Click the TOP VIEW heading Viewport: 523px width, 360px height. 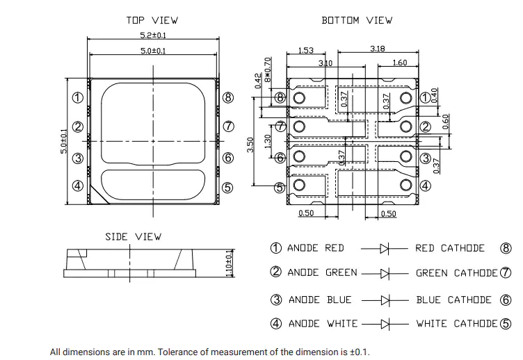tap(152, 20)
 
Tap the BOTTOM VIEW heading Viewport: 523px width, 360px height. tap(357, 20)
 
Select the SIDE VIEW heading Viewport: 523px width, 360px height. tap(134, 237)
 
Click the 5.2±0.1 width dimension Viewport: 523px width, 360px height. tap(153, 35)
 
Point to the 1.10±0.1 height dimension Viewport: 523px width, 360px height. tap(229, 263)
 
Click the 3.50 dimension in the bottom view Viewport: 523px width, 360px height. tap(250, 145)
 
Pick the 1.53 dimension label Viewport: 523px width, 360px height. tap(306, 50)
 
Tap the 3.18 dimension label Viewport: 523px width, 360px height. tap(378, 49)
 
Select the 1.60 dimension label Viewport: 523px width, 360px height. tap(400, 63)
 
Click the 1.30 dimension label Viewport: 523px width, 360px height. tap(268, 142)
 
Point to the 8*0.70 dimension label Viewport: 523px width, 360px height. tap(268, 69)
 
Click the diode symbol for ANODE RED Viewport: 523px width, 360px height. tap(385, 248)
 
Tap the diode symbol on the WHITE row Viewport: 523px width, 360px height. tap(385, 324)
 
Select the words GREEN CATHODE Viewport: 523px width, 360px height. tap(457, 273)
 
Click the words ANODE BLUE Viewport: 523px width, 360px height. tap(320, 300)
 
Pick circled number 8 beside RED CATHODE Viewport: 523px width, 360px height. tap(506, 248)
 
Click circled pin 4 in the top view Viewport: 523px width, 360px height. tap(78, 186)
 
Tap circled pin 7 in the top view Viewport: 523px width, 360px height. tap(228, 126)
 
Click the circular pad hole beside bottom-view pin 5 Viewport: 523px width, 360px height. tap(299, 185)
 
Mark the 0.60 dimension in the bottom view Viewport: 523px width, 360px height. tap(446, 122)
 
